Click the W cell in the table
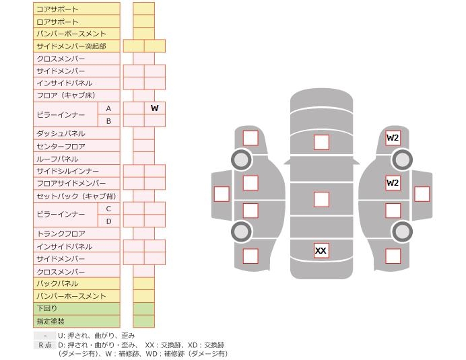tap(154, 108)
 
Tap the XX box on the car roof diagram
tap(321, 251)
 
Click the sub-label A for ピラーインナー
tap(108, 108)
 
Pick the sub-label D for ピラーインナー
tap(108, 221)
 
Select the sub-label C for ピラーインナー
tap(108, 209)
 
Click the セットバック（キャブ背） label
tap(76, 196)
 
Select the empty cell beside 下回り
tap(143, 309)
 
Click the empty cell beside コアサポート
tap(143, 9)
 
